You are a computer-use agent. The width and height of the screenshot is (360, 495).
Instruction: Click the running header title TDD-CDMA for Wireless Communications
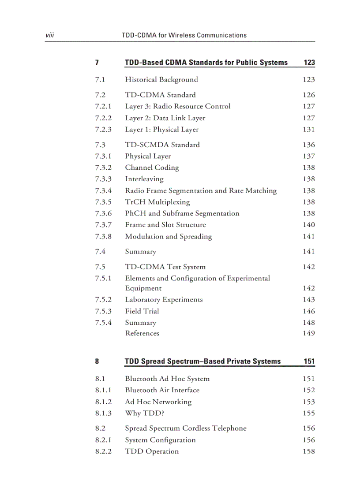[x=184, y=35]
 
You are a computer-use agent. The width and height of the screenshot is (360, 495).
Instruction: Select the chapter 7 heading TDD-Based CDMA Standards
[x=206, y=63]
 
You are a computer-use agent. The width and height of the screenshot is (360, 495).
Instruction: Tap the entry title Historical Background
[x=161, y=80]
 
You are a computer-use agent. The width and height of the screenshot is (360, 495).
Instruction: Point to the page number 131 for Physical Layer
[x=309, y=130]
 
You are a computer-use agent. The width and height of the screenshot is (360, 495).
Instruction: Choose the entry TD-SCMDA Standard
[x=162, y=145]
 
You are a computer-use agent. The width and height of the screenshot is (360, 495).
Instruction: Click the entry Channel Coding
[x=152, y=167]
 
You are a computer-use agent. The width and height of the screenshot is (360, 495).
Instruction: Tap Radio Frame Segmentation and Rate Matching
[x=201, y=191]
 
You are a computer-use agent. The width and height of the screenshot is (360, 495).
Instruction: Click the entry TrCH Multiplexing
[x=157, y=202]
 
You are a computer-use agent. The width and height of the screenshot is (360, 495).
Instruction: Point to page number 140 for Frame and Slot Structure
[x=309, y=225]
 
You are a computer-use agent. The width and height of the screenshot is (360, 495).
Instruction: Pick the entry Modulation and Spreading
[x=168, y=237]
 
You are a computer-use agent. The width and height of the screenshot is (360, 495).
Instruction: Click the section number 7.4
[x=100, y=252]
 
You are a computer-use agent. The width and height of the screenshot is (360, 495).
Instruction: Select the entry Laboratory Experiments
[x=164, y=300]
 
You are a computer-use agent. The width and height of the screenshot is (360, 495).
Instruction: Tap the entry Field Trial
[x=142, y=311]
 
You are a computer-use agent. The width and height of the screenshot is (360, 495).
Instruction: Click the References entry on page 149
[x=142, y=333]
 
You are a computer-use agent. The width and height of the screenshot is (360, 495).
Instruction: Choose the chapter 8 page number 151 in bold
[x=309, y=361]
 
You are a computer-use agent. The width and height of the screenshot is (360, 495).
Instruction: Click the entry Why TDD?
[x=144, y=413]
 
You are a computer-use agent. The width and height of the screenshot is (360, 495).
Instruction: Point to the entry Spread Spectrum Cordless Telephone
[x=185, y=428]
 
